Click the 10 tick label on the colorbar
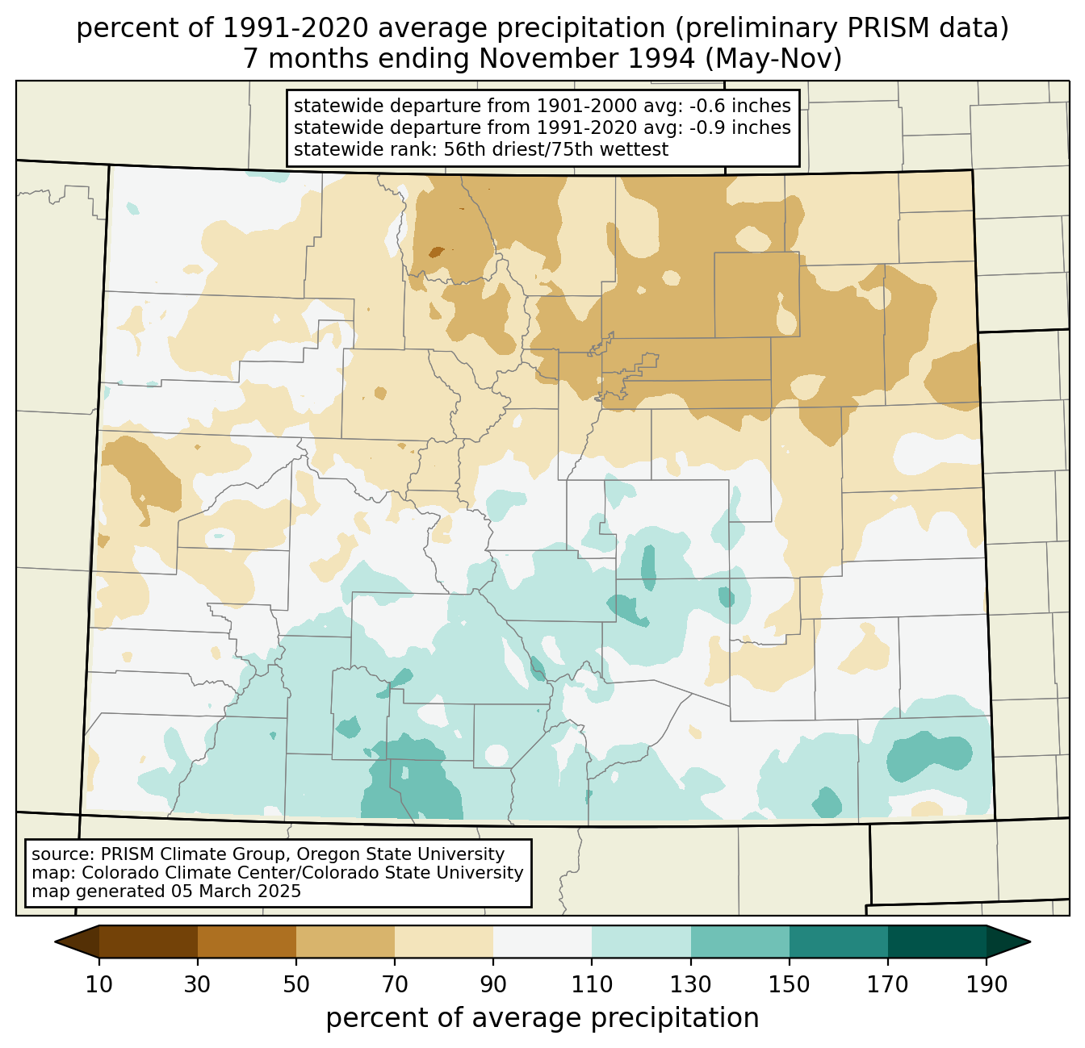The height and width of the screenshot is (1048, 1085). (99, 984)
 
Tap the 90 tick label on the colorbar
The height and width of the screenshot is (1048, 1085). (493, 984)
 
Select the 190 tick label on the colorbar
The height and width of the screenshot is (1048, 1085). (987, 984)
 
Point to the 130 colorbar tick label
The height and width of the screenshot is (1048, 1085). (691, 984)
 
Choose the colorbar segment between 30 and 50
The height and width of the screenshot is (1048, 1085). (247, 942)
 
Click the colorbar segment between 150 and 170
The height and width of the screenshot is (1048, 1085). (839, 942)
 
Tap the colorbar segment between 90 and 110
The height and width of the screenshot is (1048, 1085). (542, 942)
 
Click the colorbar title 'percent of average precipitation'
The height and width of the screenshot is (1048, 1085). (542, 1018)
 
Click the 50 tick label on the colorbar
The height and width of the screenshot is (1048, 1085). (296, 984)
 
